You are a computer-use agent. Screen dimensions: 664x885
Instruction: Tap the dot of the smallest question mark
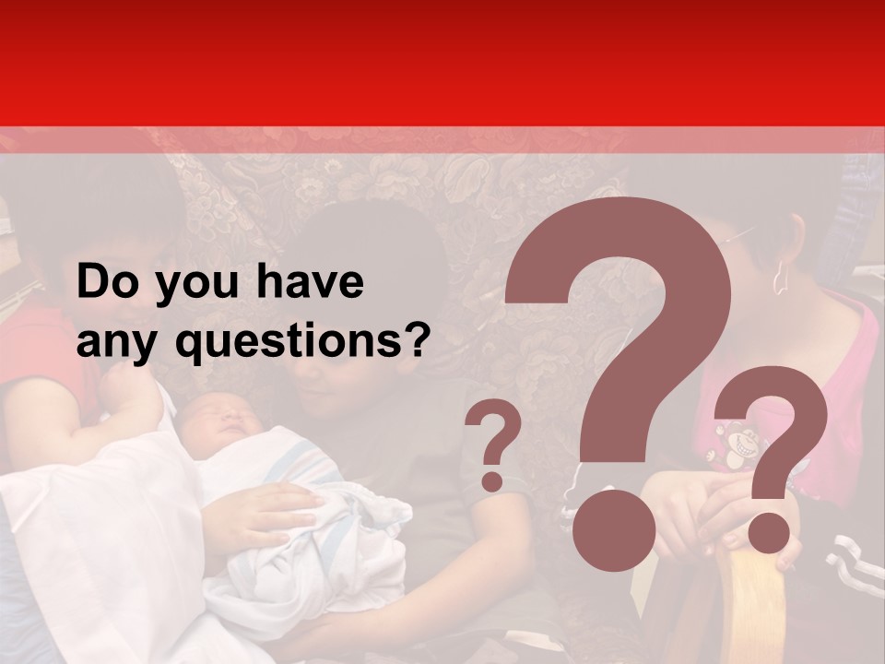pos(493,480)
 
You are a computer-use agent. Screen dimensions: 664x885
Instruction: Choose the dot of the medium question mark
pos(768,532)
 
